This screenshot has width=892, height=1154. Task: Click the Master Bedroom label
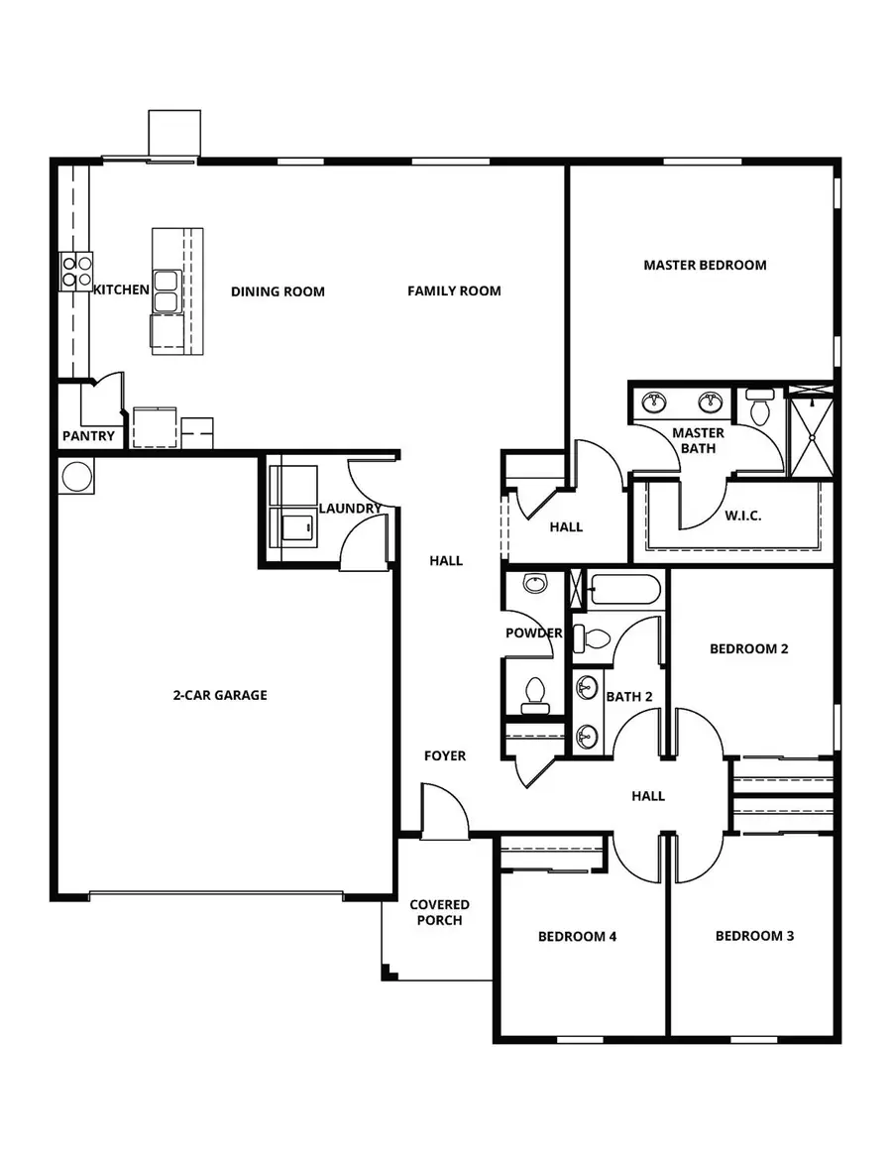(705, 265)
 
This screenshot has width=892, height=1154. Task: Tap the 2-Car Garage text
(220, 695)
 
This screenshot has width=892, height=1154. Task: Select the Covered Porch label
(439, 912)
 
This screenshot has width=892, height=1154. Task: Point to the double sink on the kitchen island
(165, 289)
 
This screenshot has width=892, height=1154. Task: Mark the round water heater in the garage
(76, 477)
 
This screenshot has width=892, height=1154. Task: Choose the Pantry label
(88, 436)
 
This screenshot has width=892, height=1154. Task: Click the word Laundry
(349, 509)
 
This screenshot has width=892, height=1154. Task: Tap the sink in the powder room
(535, 584)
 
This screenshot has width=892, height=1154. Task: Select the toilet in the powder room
(535, 691)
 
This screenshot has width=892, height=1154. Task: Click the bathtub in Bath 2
(623, 590)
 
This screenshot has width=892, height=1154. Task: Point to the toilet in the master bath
(760, 408)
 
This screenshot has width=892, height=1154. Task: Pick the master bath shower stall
(810, 433)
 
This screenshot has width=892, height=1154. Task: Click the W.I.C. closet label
(742, 516)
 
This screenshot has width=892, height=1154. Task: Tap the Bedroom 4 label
(577, 936)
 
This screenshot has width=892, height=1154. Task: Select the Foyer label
(445, 755)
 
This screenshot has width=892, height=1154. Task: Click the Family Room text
(454, 290)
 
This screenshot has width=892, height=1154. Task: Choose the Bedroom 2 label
(748, 648)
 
